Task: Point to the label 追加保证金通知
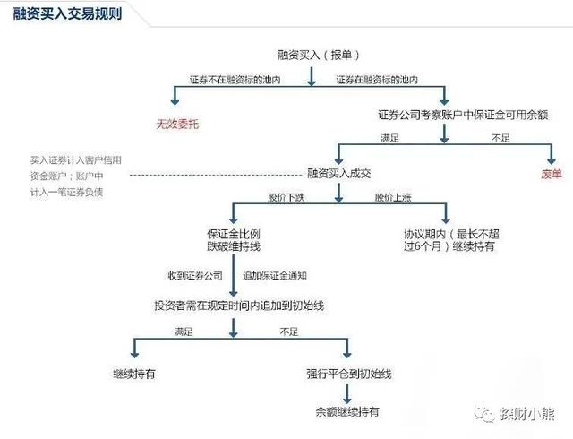click(281, 275)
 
